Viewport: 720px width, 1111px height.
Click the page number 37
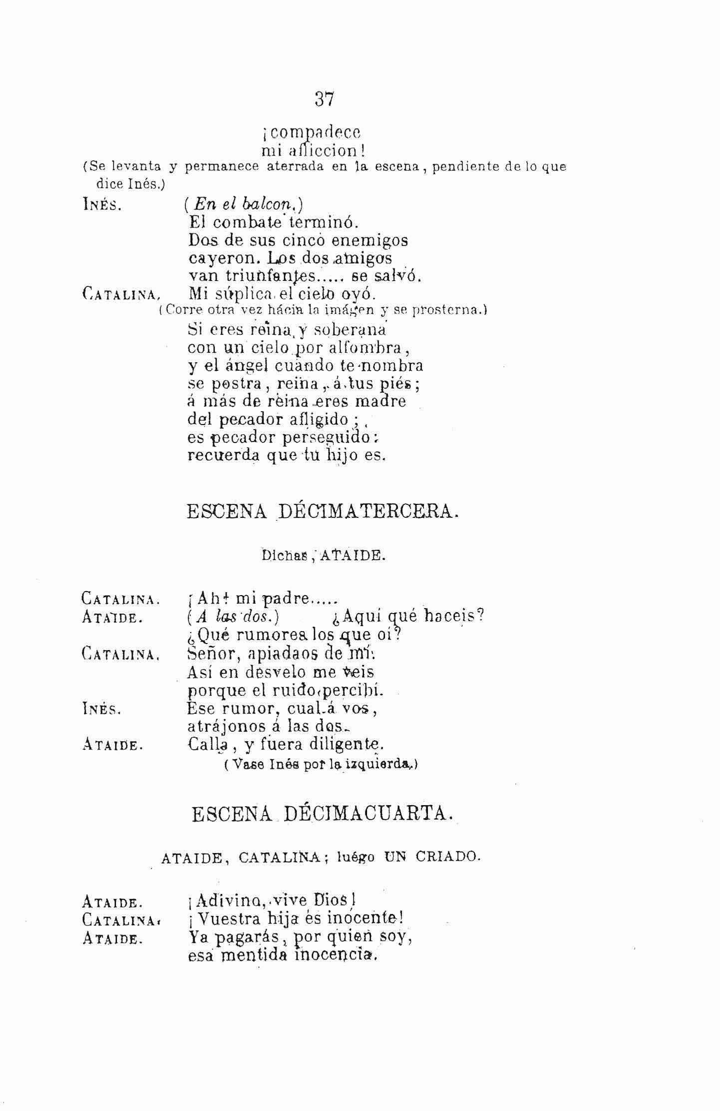pyautogui.click(x=324, y=99)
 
